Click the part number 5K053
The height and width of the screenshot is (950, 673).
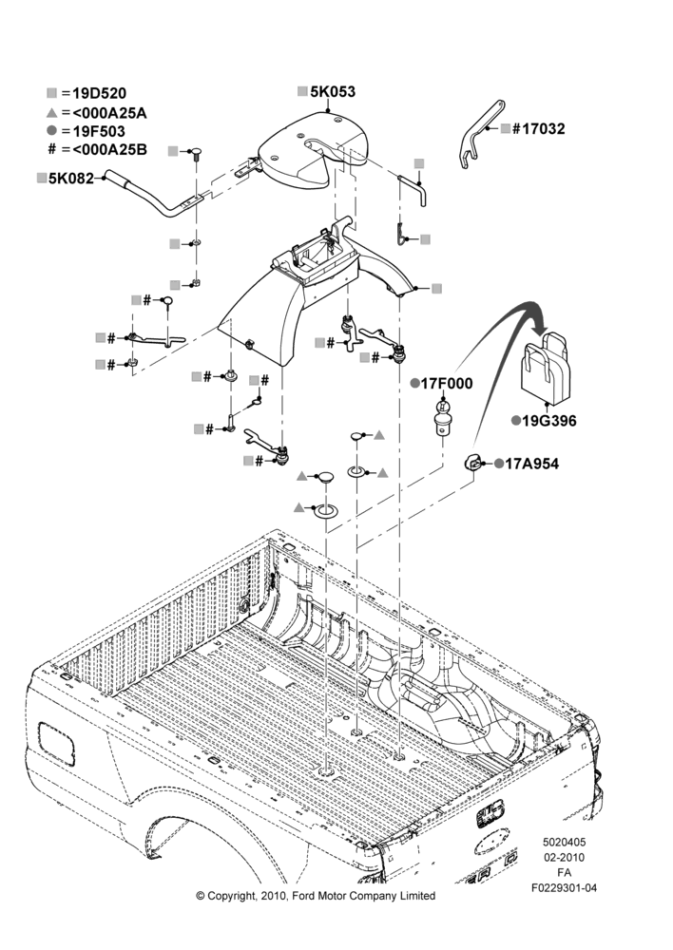(x=333, y=91)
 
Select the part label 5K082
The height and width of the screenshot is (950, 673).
(x=71, y=179)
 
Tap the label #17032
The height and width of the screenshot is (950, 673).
(x=538, y=128)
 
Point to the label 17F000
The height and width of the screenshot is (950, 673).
(x=447, y=383)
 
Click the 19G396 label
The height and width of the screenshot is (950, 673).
(x=549, y=421)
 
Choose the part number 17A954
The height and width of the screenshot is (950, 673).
(x=531, y=464)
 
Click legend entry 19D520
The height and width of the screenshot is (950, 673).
(x=100, y=93)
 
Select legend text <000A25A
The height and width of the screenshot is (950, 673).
(x=109, y=113)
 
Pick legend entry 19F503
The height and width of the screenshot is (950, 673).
(x=99, y=131)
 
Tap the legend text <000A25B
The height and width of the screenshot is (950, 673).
(x=109, y=150)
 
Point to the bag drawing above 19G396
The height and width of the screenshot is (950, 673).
(x=547, y=367)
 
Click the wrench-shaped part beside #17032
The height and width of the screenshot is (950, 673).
(x=479, y=133)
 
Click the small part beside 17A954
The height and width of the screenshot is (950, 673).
(x=473, y=463)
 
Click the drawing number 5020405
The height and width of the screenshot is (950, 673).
(x=564, y=842)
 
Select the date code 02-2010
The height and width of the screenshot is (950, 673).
(x=564, y=857)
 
